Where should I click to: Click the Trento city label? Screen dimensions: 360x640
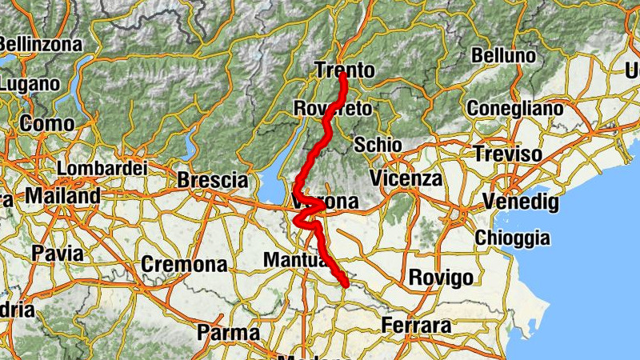point(344,70)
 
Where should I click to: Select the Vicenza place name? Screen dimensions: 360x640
point(406,178)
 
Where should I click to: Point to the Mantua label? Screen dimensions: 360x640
point(293,260)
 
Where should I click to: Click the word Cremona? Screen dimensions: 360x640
point(184,264)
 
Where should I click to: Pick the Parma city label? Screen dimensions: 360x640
point(228,332)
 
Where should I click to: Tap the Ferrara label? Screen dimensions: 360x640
point(417,326)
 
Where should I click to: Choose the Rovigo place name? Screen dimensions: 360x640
point(441,278)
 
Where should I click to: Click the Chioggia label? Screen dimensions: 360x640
point(513,238)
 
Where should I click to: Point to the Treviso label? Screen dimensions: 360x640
point(507,154)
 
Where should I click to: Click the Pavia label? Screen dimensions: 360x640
point(58,253)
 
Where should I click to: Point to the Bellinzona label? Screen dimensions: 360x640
point(40,44)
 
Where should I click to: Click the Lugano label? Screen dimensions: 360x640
point(30,83)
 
